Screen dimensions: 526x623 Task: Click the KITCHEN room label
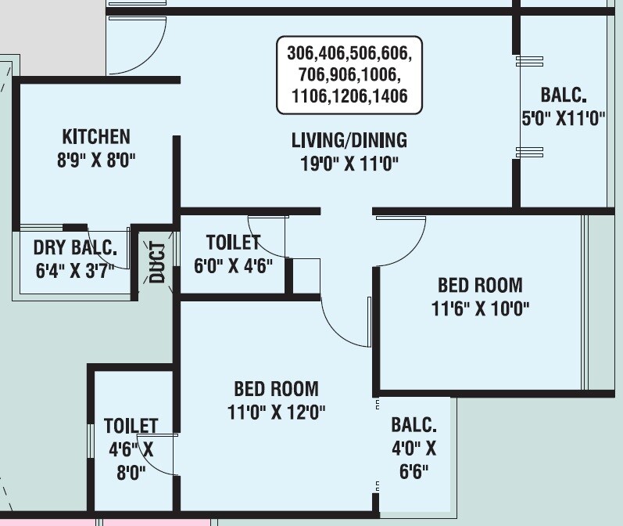[x=96, y=136]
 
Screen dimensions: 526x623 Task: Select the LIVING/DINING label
[x=349, y=140]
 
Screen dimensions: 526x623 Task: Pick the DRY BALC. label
[x=74, y=249]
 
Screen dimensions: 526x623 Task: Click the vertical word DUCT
[x=158, y=263]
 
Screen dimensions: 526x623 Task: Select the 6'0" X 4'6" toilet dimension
[x=233, y=265]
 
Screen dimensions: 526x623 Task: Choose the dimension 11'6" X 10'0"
[x=480, y=308]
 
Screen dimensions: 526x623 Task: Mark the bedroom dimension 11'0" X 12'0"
[x=276, y=412]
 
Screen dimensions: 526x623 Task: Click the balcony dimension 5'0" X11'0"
[x=564, y=118]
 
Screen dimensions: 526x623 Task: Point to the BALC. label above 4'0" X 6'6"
[x=414, y=425]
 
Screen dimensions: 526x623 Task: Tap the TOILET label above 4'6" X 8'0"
[x=131, y=426]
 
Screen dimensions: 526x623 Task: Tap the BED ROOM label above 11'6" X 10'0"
[x=479, y=285]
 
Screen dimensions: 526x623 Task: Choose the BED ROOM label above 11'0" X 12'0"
[x=276, y=388]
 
